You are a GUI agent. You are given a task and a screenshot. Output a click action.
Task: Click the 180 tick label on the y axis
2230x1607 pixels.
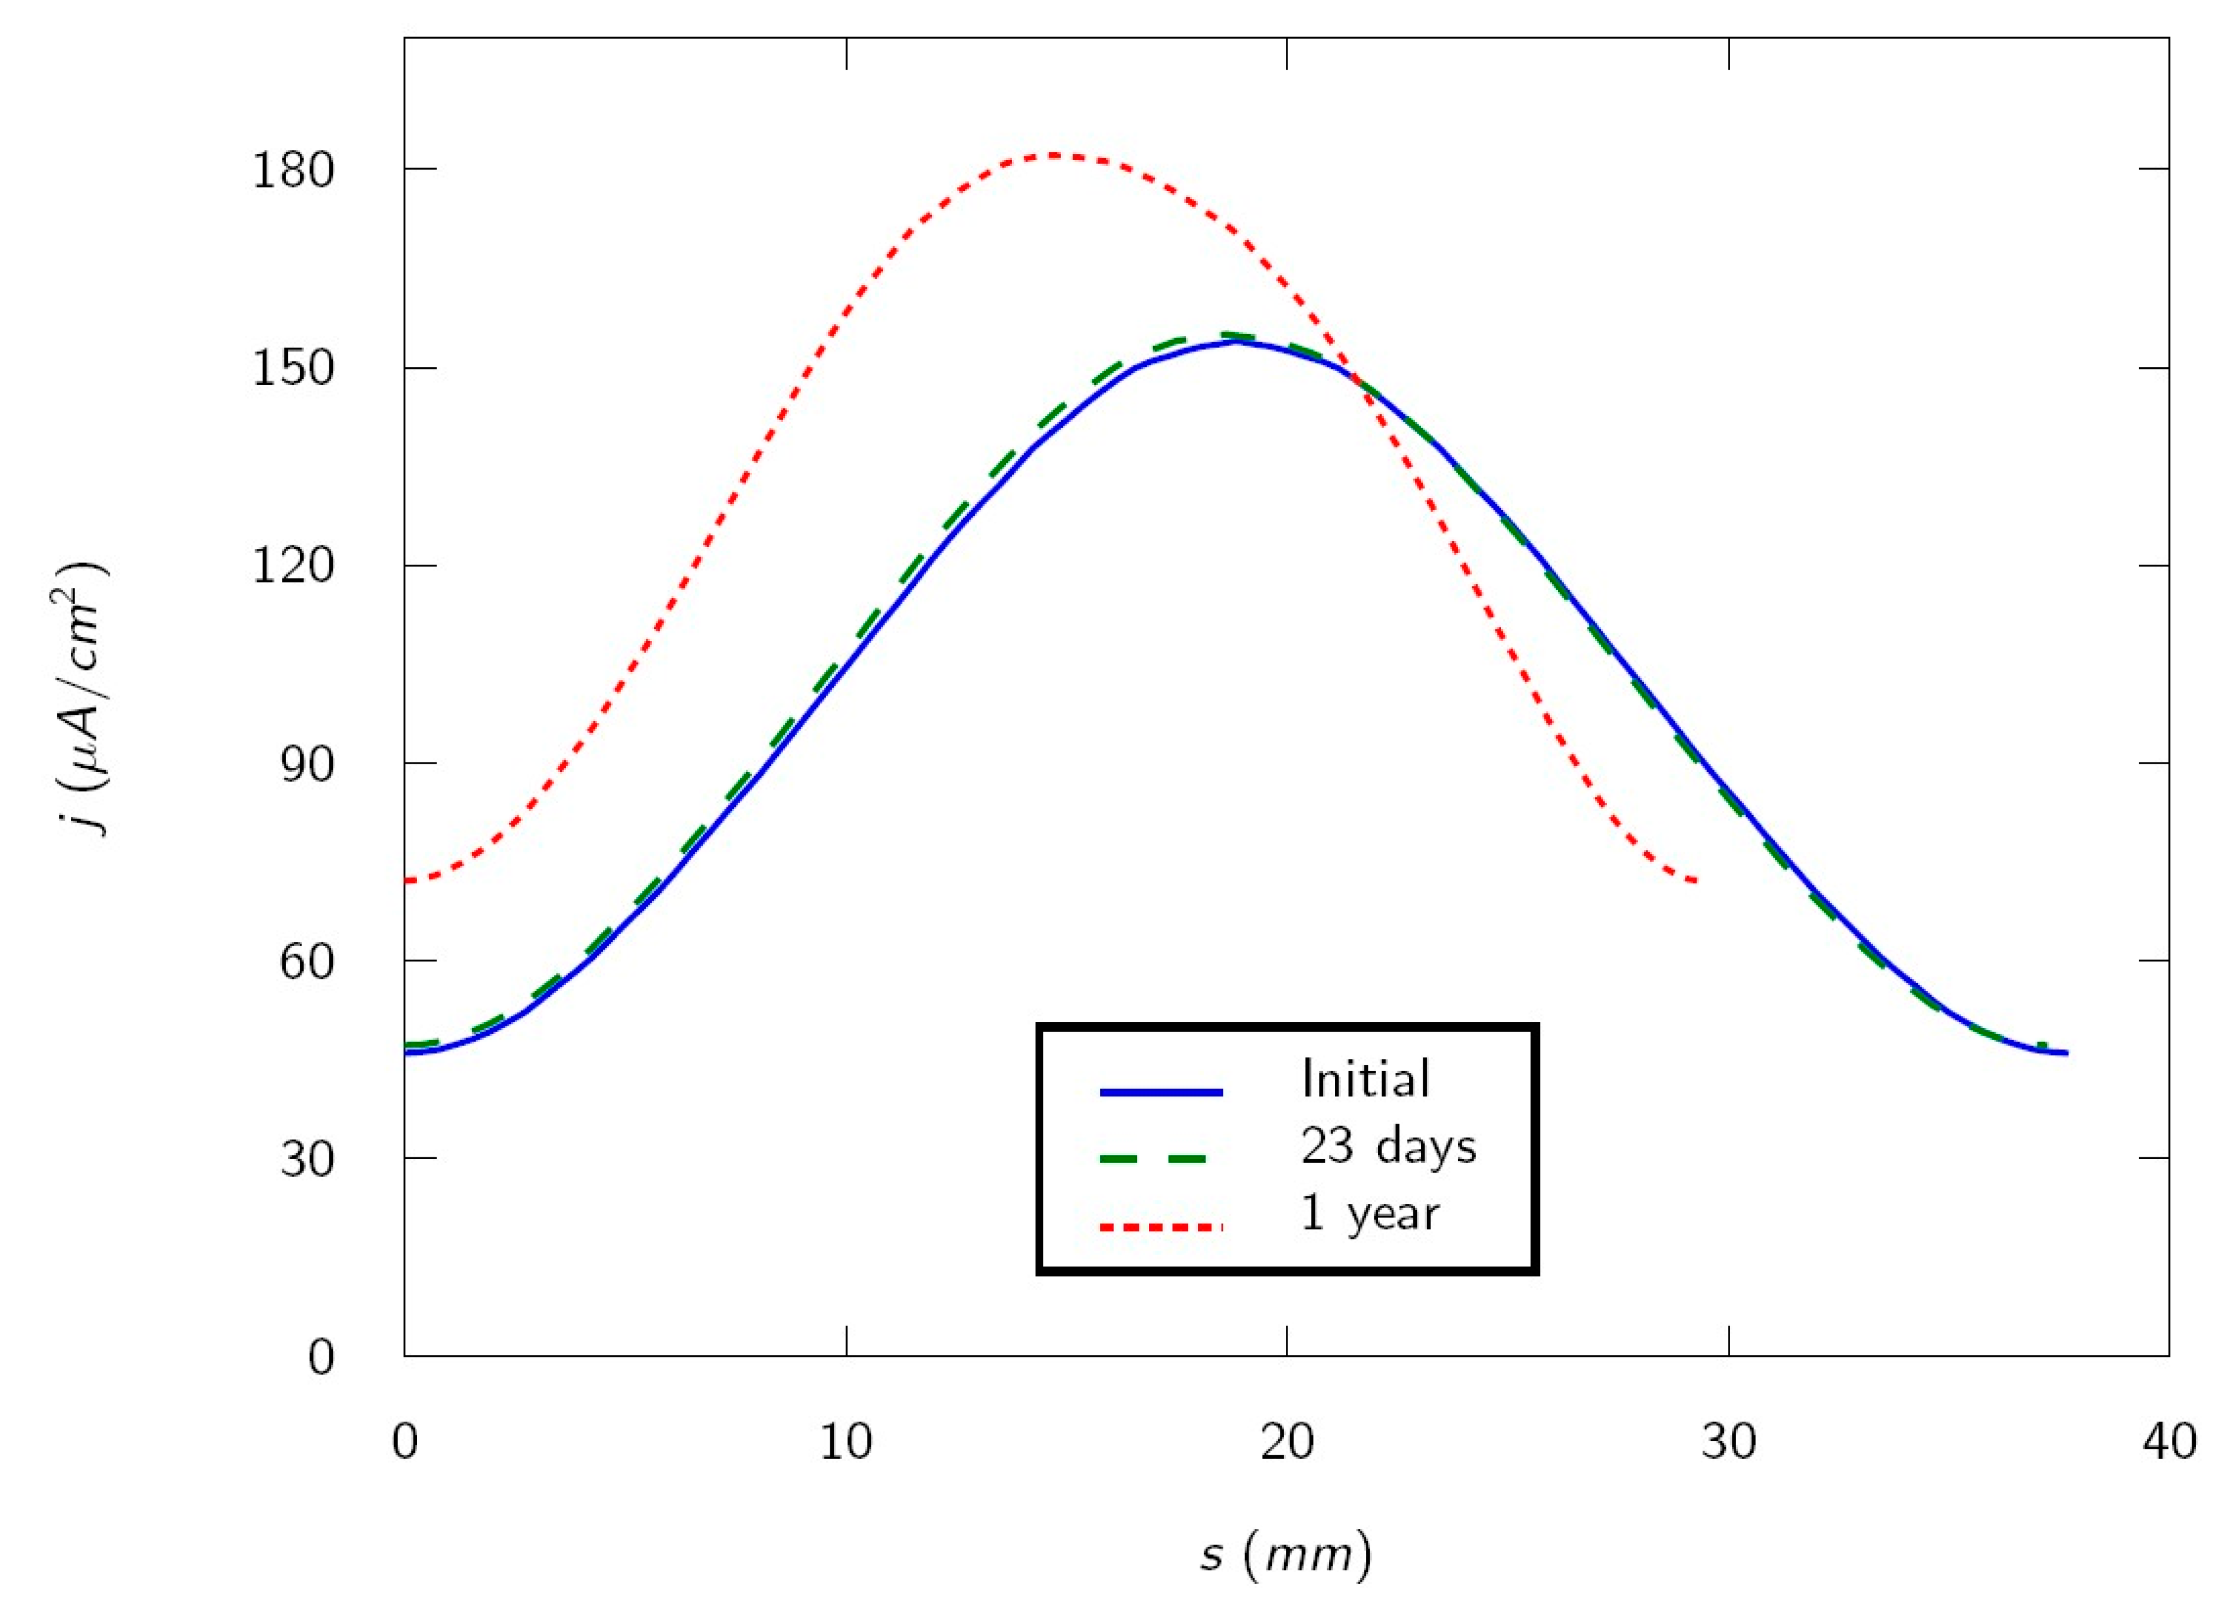point(293,170)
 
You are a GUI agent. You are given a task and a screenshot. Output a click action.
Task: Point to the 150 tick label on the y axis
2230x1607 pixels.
point(293,369)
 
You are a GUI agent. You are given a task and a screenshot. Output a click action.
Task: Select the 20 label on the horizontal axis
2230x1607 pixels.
point(1287,1442)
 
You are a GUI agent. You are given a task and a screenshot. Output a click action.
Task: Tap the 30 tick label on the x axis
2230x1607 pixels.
point(1728,1442)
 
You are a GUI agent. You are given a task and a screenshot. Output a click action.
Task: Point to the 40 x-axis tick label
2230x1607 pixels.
point(2169,1442)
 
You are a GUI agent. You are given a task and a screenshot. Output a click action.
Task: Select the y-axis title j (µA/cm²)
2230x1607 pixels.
point(81,698)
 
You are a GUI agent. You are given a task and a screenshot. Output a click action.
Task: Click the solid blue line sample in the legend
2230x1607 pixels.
point(1161,1092)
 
